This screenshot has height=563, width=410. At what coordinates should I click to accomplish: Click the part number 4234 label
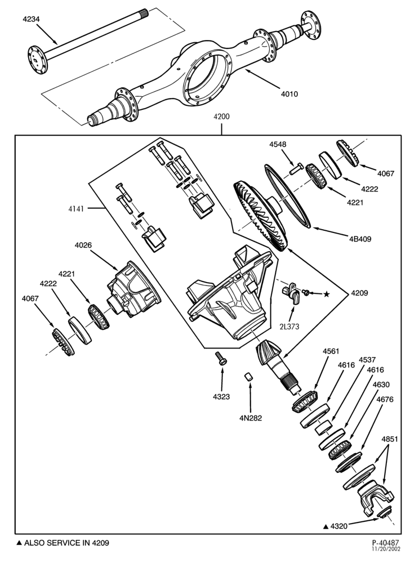31,19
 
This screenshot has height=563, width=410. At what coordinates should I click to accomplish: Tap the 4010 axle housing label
289,94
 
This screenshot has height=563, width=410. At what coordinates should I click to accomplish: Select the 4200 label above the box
221,117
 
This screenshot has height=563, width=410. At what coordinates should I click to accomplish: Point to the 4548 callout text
278,144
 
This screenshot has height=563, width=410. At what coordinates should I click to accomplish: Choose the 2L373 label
289,327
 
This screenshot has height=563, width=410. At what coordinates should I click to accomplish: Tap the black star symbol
326,294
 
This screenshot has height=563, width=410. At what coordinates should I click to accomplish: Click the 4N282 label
251,418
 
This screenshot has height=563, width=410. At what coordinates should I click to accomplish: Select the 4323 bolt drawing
220,358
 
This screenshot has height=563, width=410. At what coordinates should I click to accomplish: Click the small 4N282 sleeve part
248,377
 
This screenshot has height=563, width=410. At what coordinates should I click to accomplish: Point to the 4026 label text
83,245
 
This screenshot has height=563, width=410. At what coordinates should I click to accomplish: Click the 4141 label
76,209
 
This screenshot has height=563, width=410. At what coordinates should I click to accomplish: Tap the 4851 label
389,439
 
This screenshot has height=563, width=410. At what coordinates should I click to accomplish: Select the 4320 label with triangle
335,526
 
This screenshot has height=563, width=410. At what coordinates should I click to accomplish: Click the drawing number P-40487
385,543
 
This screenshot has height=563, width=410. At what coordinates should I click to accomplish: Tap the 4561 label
331,351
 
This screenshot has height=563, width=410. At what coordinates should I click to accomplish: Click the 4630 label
381,385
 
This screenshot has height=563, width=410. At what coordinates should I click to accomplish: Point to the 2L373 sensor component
291,293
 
